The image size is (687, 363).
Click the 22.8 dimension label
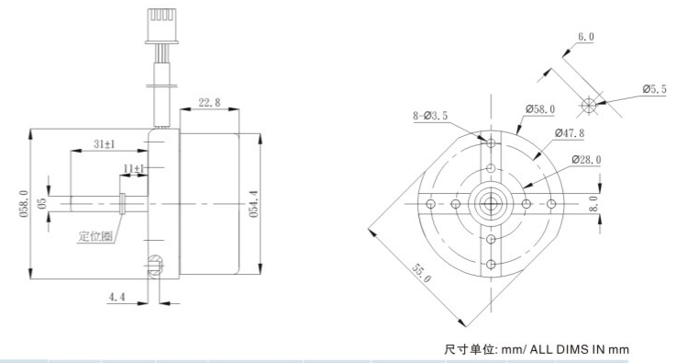click(x=209, y=103)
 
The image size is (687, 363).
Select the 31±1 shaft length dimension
click(x=105, y=143)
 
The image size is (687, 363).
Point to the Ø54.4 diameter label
click(x=254, y=204)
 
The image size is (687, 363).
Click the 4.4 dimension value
click(x=116, y=297)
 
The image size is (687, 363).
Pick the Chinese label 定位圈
click(x=95, y=236)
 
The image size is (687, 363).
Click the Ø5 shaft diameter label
click(x=42, y=203)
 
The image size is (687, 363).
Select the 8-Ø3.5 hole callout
click(x=430, y=116)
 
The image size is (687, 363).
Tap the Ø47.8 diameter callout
click(x=570, y=132)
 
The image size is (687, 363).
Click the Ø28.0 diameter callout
click(x=586, y=160)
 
